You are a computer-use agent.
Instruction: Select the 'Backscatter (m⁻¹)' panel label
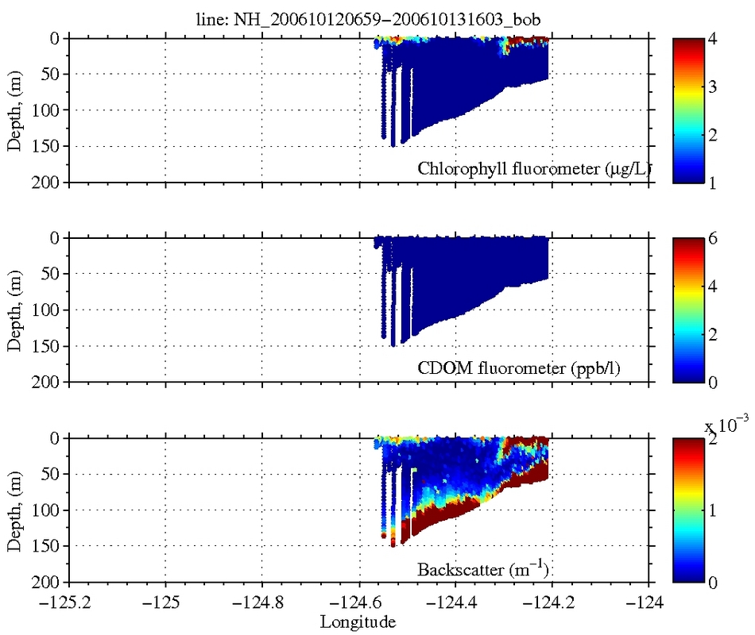click(485, 568)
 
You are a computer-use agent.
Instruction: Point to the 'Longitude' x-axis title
click(358, 622)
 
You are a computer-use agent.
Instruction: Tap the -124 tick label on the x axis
click(642, 602)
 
